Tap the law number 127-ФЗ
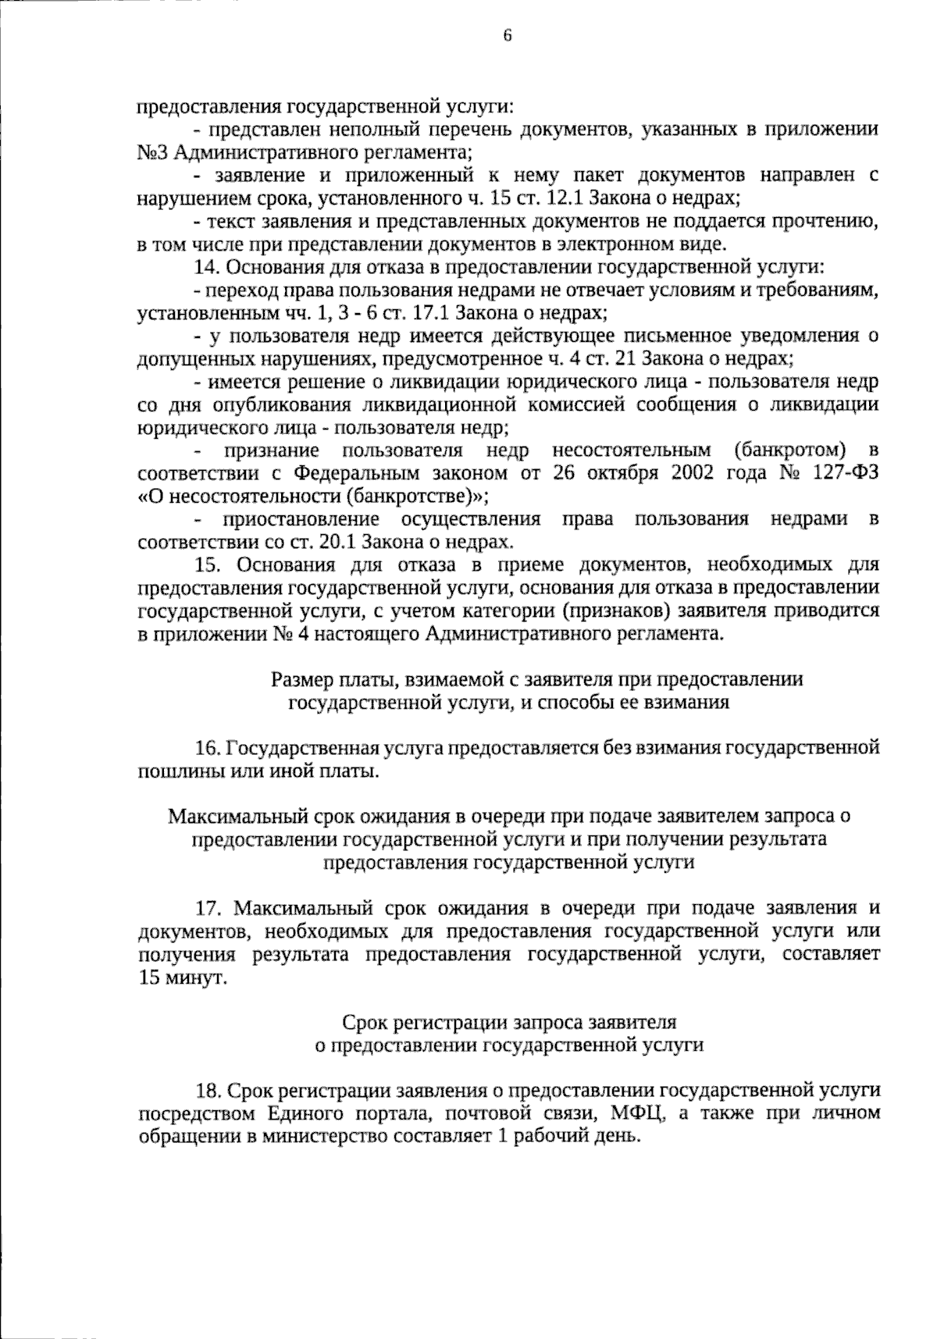click(x=844, y=474)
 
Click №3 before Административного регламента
click(x=154, y=151)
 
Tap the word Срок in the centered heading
click(x=363, y=1021)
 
